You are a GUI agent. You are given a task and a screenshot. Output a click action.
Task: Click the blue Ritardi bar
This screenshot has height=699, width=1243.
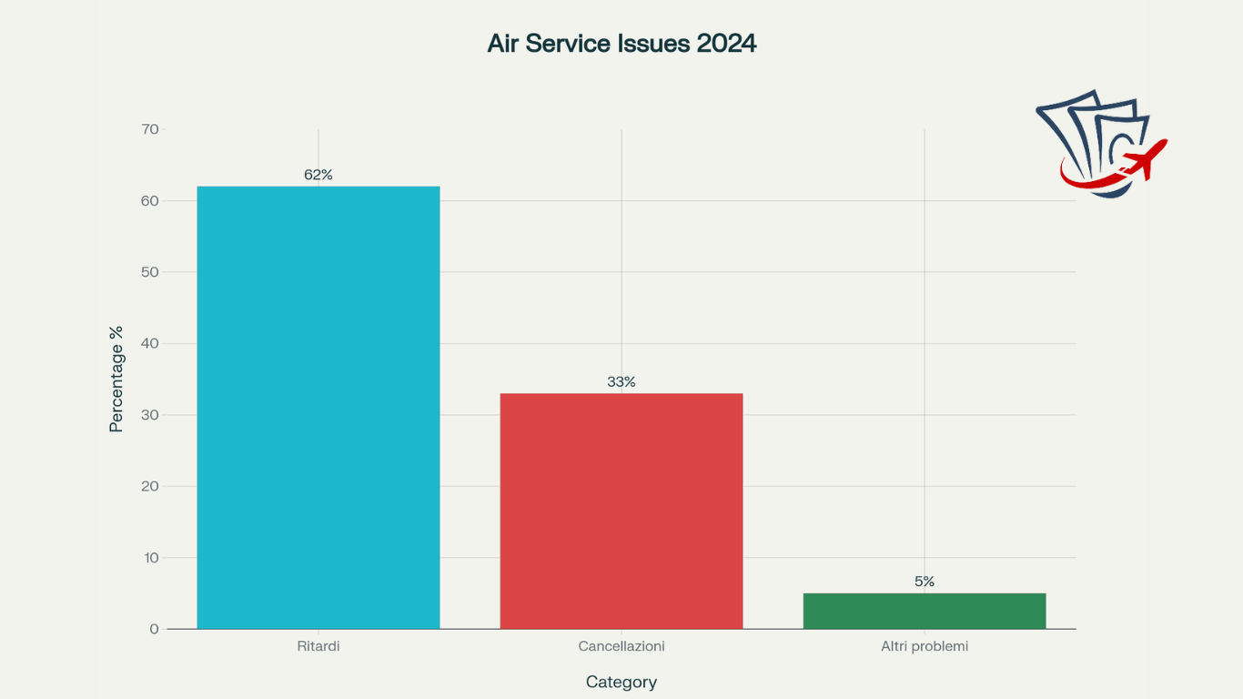(x=318, y=407)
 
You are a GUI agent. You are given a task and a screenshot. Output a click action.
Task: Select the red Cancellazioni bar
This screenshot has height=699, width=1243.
(x=621, y=511)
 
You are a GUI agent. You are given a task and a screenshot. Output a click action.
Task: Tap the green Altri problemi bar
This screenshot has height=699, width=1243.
(x=925, y=611)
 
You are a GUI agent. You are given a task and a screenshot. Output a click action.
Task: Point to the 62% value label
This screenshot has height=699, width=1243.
(x=318, y=175)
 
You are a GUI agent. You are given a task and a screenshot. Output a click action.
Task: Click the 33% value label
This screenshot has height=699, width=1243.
(x=621, y=382)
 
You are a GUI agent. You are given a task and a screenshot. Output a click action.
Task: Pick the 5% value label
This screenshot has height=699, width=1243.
(x=925, y=582)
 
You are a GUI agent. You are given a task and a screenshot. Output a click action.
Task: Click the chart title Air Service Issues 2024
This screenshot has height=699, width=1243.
(x=621, y=44)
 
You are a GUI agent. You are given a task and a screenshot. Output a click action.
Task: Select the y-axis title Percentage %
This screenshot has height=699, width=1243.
(x=116, y=379)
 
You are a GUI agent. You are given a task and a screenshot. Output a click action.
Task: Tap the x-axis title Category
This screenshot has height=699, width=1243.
(x=621, y=682)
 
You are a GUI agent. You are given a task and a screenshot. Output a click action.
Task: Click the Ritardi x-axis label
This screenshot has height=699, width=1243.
(x=318, y=646)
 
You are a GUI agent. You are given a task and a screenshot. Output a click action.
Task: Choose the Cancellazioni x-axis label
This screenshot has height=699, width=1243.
(x=621, y=646)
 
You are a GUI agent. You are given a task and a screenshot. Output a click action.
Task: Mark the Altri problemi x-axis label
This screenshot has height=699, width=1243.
(x=925, y=646)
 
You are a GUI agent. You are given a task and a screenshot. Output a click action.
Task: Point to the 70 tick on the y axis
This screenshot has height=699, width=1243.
(x=150, y=129)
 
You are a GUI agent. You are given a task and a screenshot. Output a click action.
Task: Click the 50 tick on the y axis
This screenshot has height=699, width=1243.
(x=150, y=272)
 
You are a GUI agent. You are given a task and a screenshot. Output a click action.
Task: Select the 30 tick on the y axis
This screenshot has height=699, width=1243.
(x=150, y=415)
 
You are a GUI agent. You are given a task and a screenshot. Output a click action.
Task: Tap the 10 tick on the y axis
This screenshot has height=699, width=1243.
(x=150, y=558)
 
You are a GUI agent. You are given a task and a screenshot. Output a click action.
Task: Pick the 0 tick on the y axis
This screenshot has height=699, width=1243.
(x=154, y=629)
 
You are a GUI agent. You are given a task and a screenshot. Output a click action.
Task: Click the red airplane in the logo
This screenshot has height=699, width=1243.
(x=1145, y=160)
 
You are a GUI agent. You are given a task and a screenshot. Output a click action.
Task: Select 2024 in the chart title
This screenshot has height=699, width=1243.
(x=726, y=44)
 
